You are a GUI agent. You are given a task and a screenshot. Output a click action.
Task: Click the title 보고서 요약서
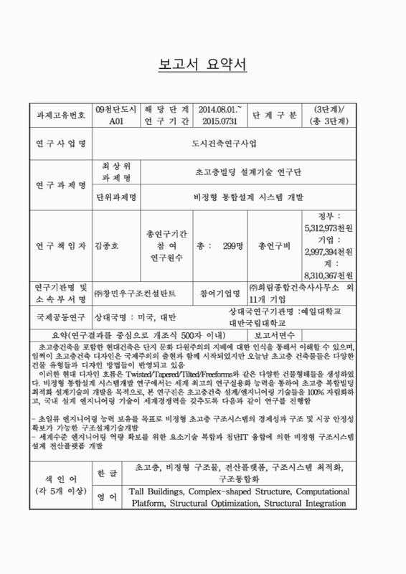click(x=202, y=67)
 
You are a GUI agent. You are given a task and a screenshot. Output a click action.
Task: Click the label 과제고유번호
click(x=60, y=115)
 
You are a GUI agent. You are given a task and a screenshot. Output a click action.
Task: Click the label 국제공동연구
click(x=60, y=317)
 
